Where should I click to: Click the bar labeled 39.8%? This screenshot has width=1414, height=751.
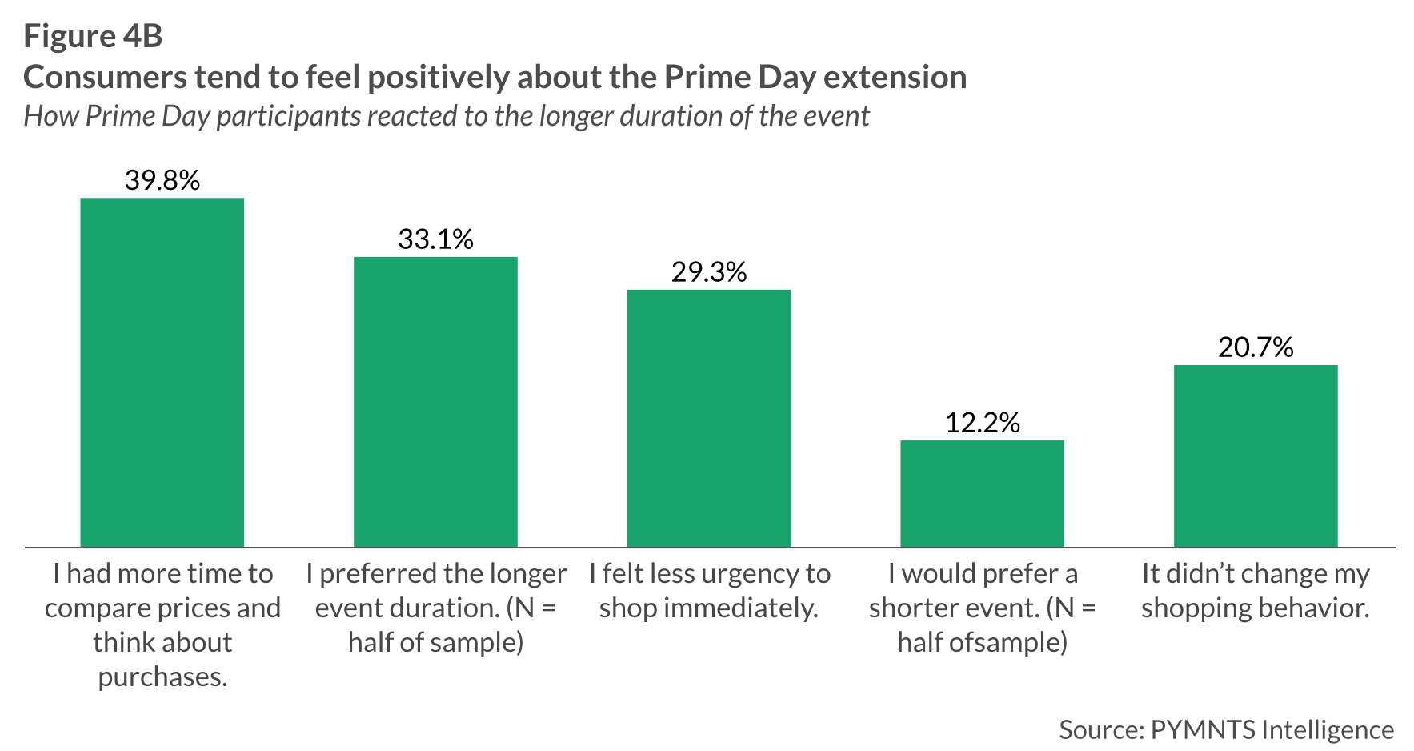[162, 372]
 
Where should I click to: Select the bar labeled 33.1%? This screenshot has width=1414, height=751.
[435, 402]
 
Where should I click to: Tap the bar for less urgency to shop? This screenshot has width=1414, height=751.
[709, 418]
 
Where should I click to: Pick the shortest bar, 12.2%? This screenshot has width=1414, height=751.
[982, 493]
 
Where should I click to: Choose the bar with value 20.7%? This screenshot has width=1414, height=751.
[1256, 456]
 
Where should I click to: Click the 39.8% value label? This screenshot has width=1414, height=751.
[162, 180]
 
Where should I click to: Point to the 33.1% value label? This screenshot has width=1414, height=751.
[435, 239]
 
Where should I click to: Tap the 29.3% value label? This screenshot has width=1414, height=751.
[709, 272]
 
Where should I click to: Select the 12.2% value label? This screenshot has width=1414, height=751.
[982, 423]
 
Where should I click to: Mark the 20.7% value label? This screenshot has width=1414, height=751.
[1256, 347]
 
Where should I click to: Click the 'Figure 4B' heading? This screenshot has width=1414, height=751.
[93, 36]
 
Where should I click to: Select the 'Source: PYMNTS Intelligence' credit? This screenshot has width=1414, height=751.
[1226, 729]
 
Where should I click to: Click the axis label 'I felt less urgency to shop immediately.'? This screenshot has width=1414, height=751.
[709, 591]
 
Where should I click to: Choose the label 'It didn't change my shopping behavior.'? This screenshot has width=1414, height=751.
[1256, 591]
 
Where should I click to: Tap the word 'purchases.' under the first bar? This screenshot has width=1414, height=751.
[162, 677]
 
